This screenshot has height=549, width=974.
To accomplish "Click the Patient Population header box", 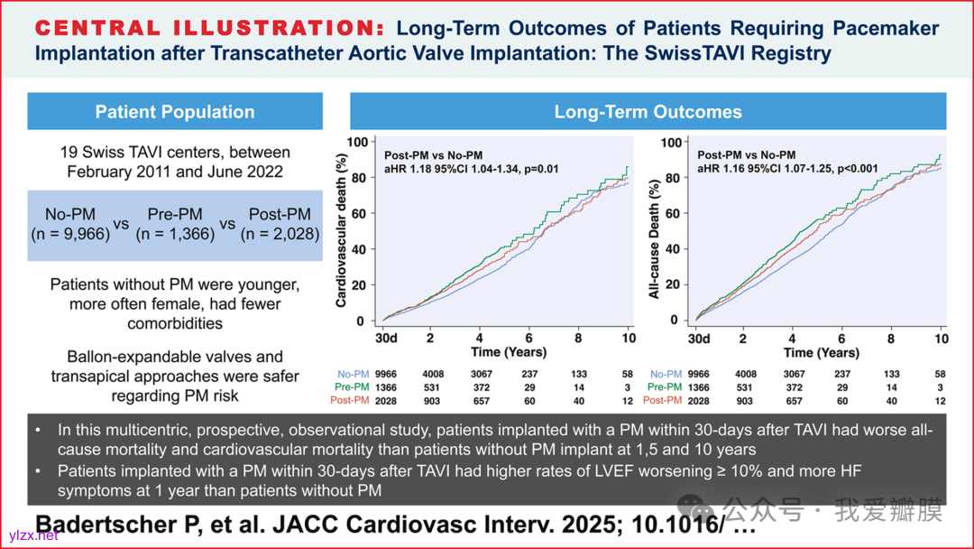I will pyautogui.click(x=175, y=112).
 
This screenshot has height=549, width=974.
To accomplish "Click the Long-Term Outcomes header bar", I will pyautogui.click(x=648, y=112).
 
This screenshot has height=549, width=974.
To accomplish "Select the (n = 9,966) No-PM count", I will pyautogui.click(x=78, y=233).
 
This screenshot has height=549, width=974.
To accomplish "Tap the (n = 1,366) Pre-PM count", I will pyautogui.click(x=175, y=233).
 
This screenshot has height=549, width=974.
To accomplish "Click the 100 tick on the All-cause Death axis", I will pyautogui.click(x=670, y=142).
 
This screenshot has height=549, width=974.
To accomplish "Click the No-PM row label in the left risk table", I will pyautogui.click(x=354, y=374).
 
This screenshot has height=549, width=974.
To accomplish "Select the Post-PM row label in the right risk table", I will pyautogui.click(x=663, y=400).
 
